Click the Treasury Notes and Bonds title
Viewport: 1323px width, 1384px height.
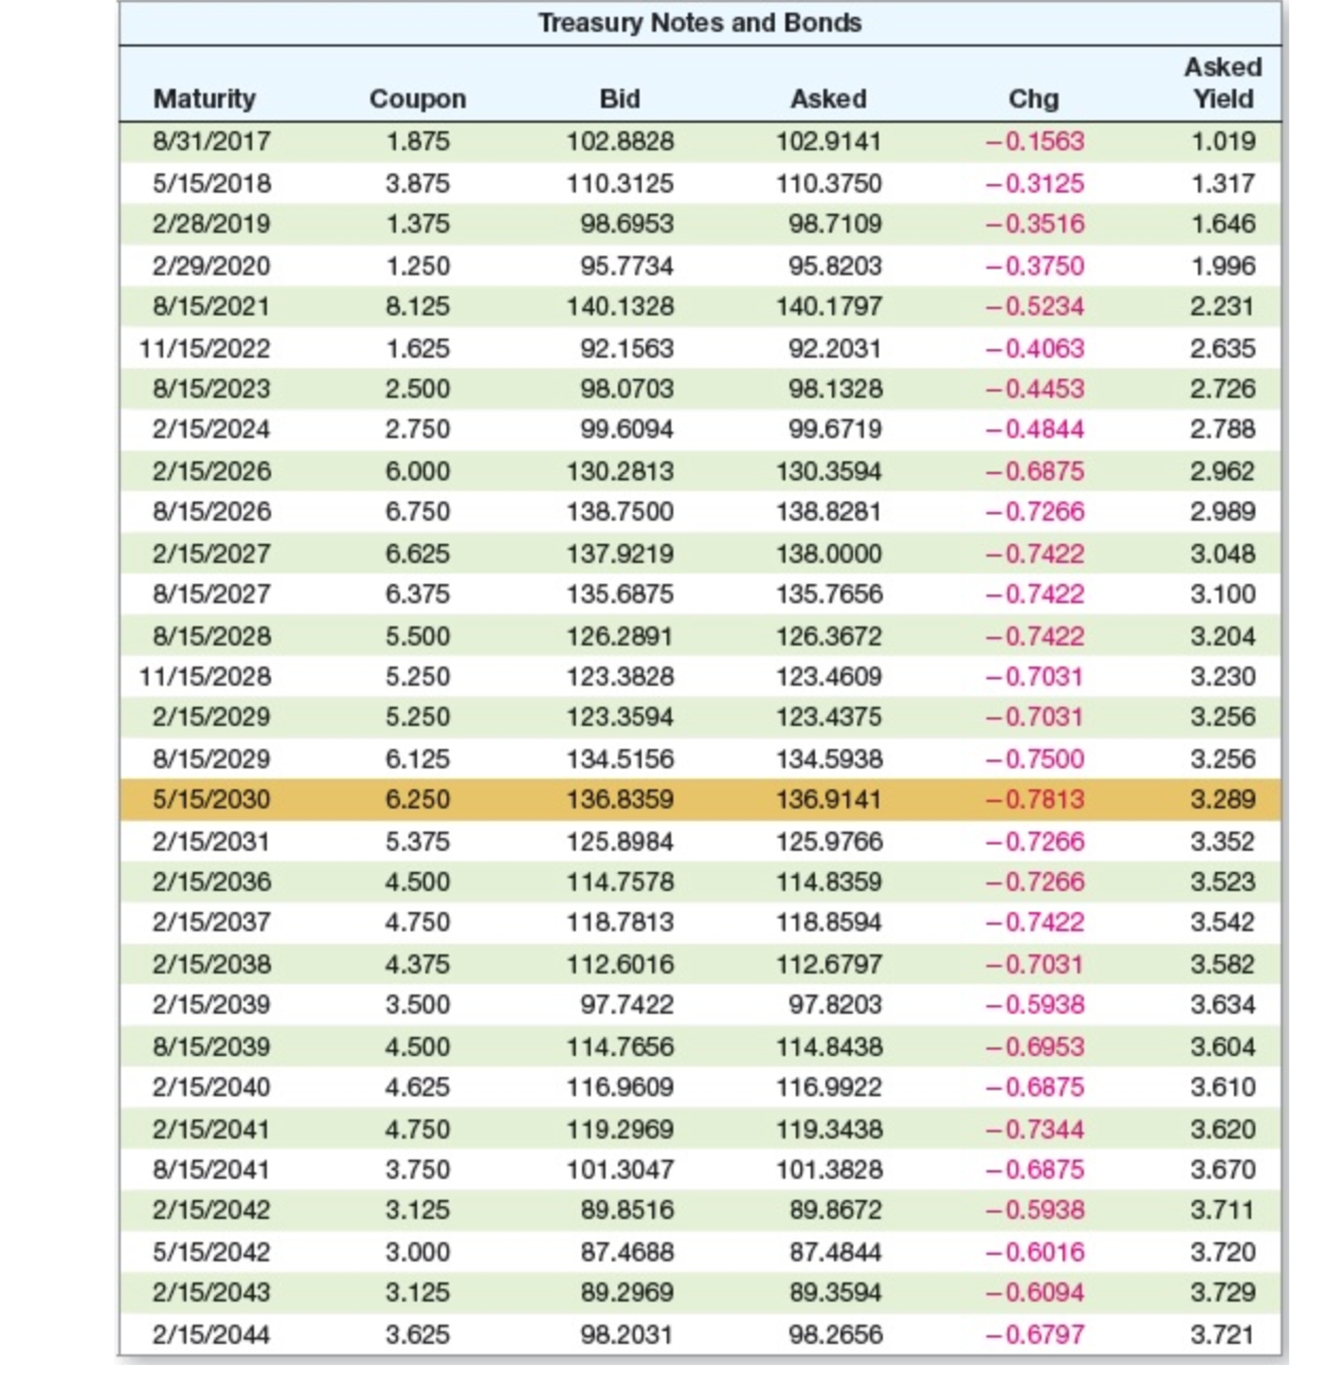tap(700, 23)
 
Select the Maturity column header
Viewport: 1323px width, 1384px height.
tap(204, 99)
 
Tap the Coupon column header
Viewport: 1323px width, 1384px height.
tap(418, 99)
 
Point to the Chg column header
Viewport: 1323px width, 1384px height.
tap(1033, 99)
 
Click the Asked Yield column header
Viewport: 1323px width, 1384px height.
tap(1222, 83)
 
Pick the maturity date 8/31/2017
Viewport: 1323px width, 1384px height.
tap(212, 141)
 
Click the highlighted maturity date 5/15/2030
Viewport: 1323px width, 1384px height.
tap(212, 800)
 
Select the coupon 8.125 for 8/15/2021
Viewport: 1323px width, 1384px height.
tap(418, 306)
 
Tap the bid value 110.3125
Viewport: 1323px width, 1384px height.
tap(620, 184)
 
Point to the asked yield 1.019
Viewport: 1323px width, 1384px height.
tap(1223, 141)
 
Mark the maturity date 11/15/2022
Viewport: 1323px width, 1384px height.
tap(204, 349)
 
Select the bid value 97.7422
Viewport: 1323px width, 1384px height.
tap(626, 1005)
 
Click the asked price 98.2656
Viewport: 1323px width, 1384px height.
tap(835, 1335)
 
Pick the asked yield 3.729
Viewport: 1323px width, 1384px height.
tap(1223, 1293)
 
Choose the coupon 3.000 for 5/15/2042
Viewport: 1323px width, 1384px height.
tap(418, 1252)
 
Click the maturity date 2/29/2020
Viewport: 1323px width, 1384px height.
tap(212, 267)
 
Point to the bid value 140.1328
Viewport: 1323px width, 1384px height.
tap(620, 306)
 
